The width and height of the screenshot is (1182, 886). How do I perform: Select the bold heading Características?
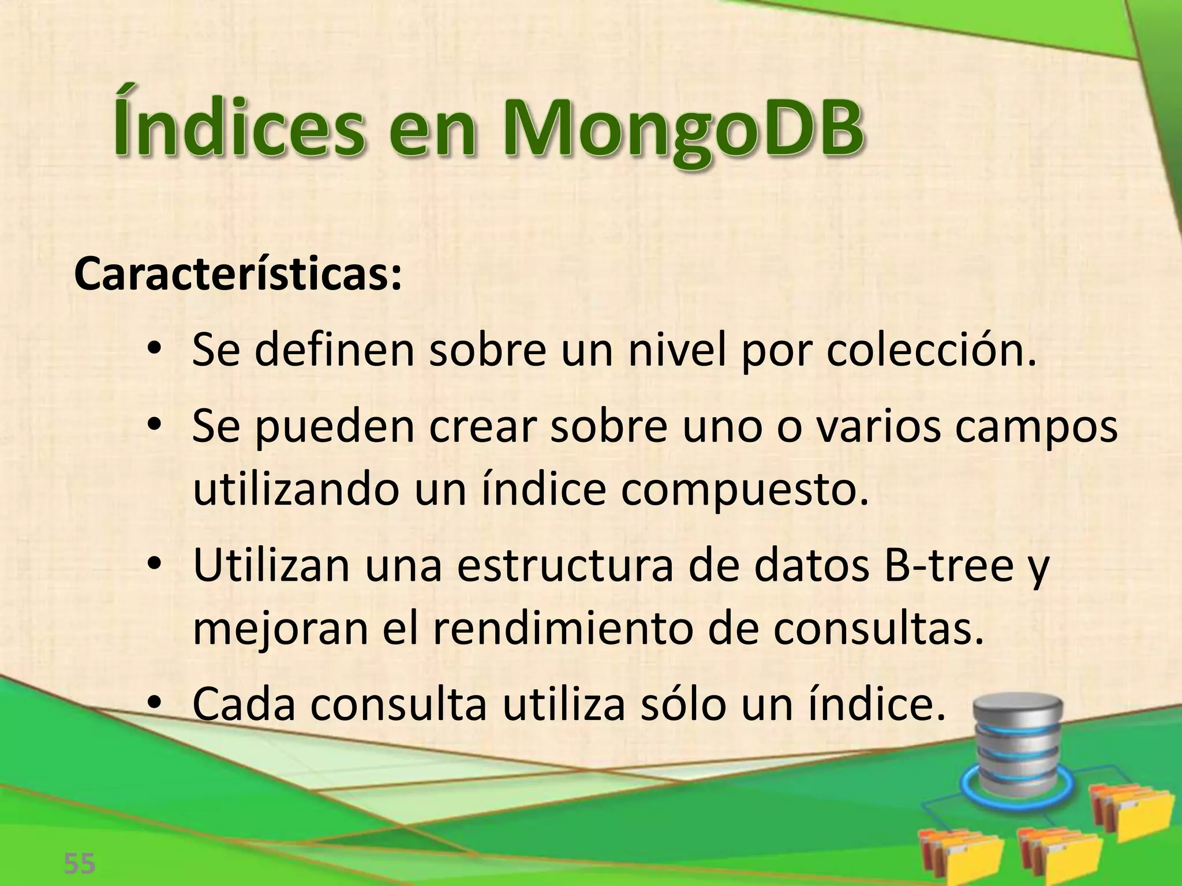click(237, 276)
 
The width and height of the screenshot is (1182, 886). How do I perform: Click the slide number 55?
click(80, 864)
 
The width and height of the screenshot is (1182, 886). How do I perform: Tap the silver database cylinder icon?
click(1017, 744)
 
